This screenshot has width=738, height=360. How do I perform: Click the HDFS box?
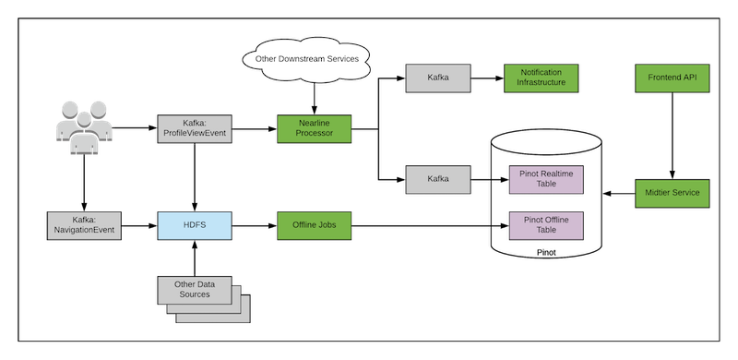point(196,224)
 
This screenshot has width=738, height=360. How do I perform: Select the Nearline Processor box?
point(315,128)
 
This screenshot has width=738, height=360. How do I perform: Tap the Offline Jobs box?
point(315,224)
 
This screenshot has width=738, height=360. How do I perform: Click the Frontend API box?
point(672,78)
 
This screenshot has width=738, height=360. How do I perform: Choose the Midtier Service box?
point(672,193)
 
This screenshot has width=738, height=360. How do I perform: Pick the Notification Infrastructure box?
point(541,78)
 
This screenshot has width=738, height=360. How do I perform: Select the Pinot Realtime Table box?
point(547,179)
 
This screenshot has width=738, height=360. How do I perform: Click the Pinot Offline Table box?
point(547,224)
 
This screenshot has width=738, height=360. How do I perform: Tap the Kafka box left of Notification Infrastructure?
point(438,78)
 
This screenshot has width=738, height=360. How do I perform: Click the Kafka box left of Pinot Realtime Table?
point(438,179)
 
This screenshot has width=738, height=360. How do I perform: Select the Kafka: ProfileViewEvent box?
point(195,128)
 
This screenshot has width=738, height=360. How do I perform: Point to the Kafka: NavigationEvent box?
point(84,224)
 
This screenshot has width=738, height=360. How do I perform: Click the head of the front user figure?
point(84,119)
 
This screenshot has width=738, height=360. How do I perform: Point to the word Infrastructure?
point(541,83)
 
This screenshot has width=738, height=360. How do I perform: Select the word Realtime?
point(563,174)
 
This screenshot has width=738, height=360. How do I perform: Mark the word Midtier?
point(656,193)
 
